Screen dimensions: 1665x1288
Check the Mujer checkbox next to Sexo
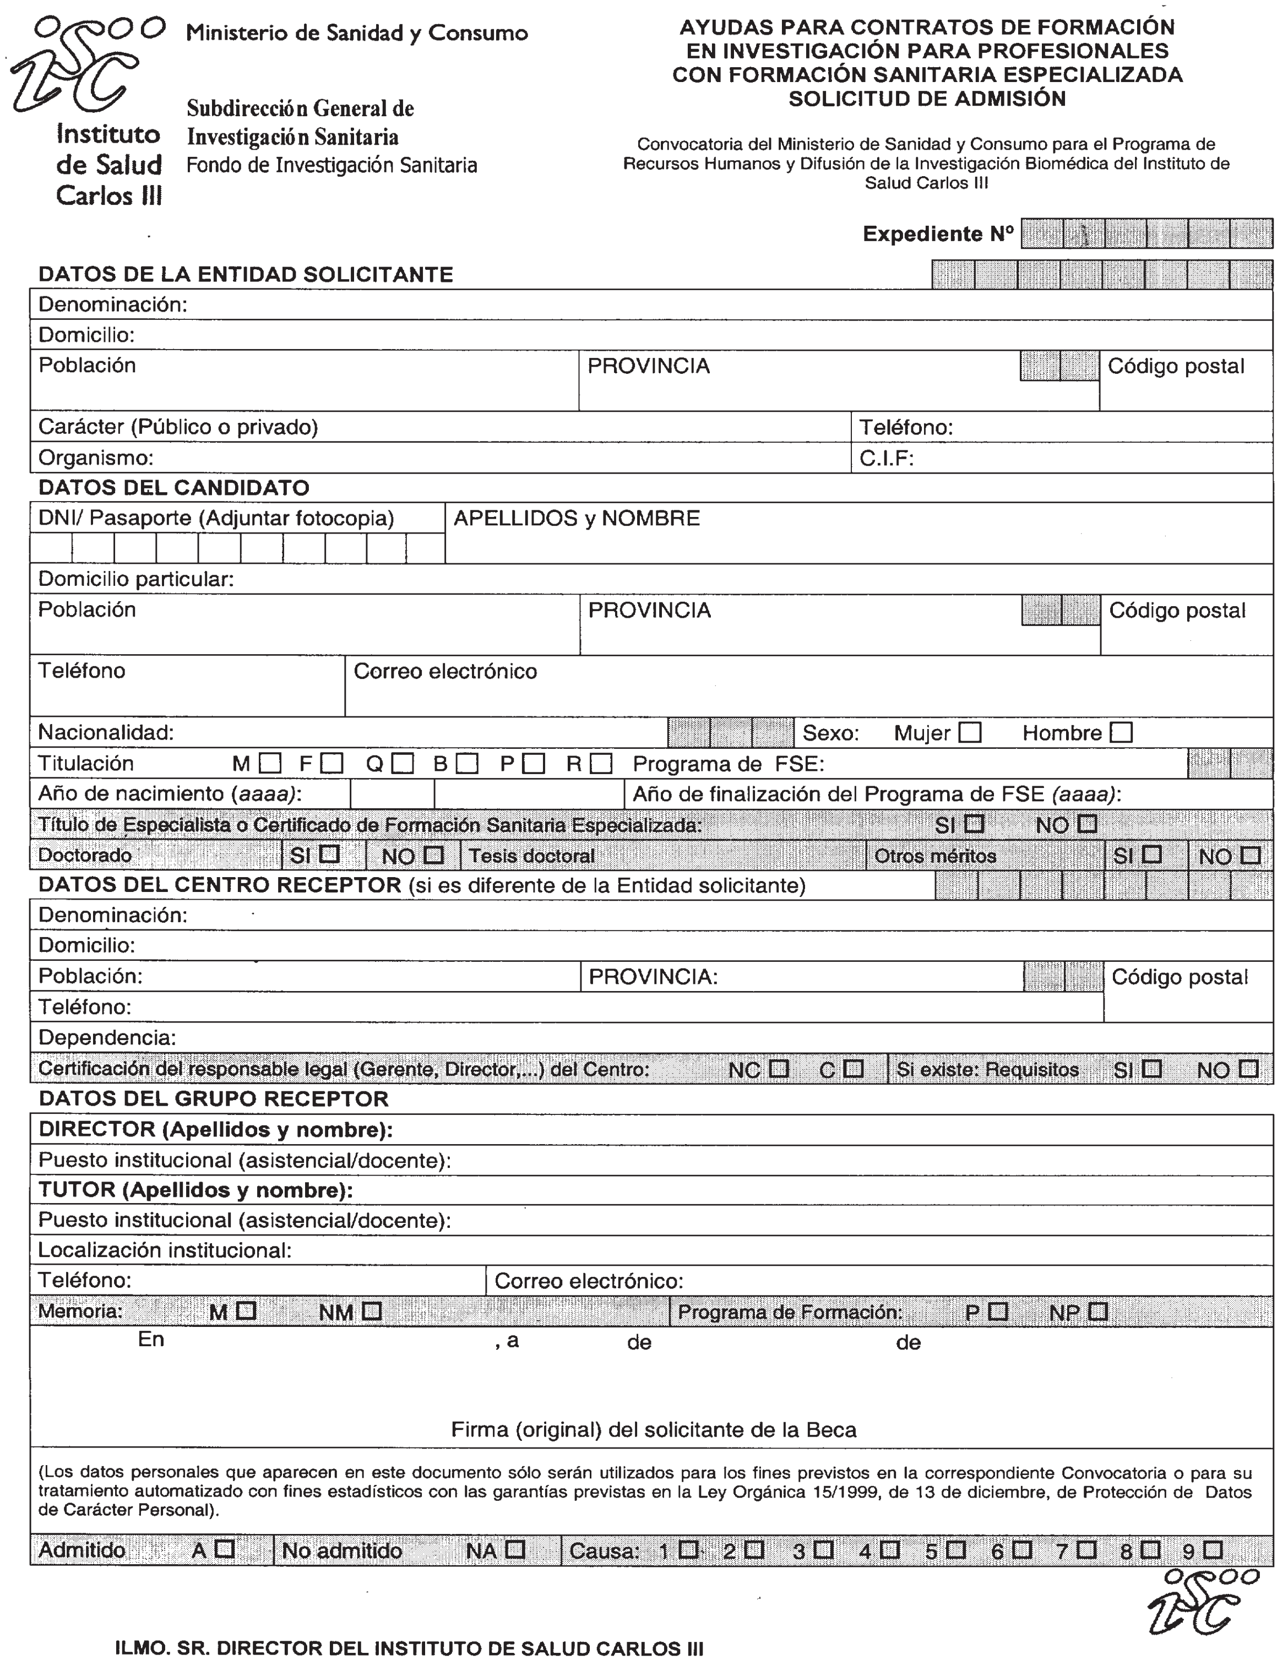[969, 733]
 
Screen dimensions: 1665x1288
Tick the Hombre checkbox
[1121, 733]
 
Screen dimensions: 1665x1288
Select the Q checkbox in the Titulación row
[403, 763]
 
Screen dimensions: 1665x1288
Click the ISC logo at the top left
[86, 65]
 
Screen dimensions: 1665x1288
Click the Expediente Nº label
[937, 234]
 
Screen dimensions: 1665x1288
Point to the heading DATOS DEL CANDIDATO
[174, 488]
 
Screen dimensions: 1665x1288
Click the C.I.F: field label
[886, 458]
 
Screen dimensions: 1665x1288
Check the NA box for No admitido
[515, 1549]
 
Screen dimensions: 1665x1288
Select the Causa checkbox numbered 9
[1213, 1549]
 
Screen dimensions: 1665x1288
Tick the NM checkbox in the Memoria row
[372, 1312]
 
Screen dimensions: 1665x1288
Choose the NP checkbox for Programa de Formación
[1098, 1312]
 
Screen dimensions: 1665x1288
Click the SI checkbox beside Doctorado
[329, 855]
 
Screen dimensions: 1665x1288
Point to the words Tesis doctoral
[531, 856]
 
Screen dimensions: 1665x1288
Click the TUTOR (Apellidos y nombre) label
[195, 1190]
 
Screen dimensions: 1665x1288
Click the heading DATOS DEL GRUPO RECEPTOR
[214, 1098]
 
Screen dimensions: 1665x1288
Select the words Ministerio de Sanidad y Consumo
[357, 33]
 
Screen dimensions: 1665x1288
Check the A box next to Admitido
[224, 1549]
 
